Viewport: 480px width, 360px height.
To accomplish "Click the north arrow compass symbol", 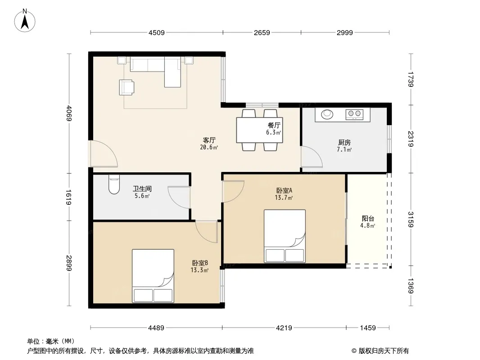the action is (x=25, y=21).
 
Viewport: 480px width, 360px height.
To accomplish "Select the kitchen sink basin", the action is (x=327, y=114).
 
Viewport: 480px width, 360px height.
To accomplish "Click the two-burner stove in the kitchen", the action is (x=354, y=114).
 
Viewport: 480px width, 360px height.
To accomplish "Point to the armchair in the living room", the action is (x=127, y=87).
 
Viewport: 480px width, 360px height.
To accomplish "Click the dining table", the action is (x=259, y=130).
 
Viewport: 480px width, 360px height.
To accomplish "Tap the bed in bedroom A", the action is (x=285, y=236).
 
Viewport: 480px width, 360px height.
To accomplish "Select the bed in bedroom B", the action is (x=153, y=276).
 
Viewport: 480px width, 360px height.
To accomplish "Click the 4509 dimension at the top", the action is (x=156, y=32).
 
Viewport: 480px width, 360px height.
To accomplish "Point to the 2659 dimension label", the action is (x=262, y=32).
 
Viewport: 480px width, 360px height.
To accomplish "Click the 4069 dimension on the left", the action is (x=69, y=113).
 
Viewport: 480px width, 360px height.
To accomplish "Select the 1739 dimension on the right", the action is (x=411, y=79).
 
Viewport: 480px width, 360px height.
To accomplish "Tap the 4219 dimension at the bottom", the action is (x=284, y=328).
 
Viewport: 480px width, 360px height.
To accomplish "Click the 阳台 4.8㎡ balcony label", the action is (x=367, y=222).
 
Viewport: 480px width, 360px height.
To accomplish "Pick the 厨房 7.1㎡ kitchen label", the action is (x=344, y=146).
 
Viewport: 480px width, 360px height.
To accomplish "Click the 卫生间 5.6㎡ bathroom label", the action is (x=142, y=192).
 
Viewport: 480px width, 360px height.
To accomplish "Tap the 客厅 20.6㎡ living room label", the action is (x=209, y=144).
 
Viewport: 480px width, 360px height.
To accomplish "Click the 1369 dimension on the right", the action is (x=411, y=285).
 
